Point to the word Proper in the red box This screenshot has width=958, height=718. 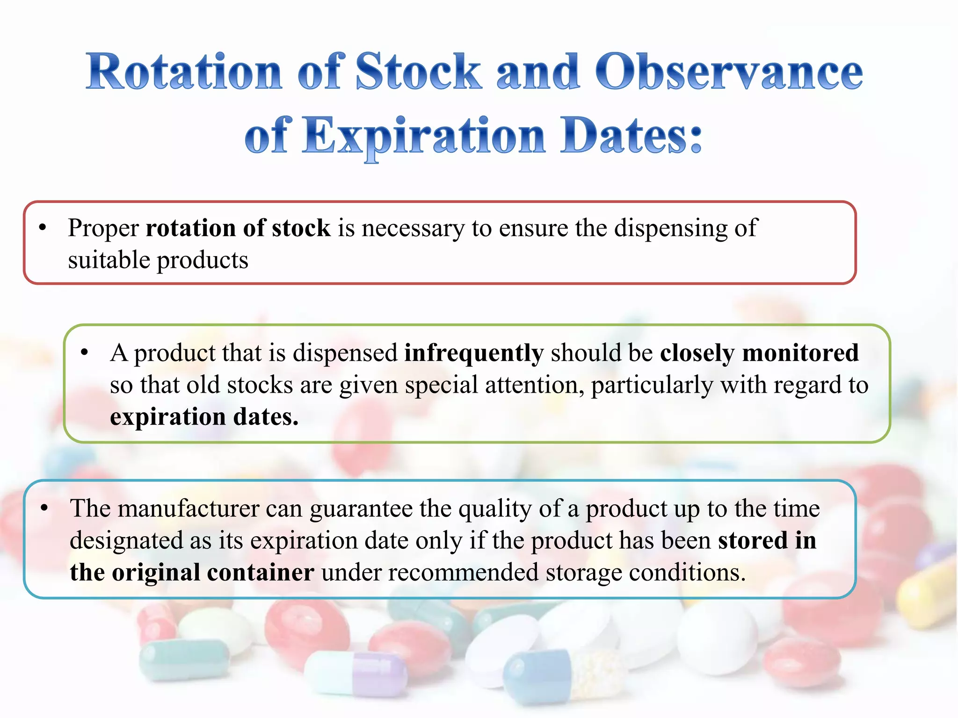103,229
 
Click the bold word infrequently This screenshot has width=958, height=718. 473,353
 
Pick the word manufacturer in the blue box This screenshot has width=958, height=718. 189,509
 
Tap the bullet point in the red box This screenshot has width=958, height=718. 43,228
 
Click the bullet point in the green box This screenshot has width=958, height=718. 84,352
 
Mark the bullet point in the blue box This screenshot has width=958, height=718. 44,508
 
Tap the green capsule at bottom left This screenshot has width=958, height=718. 185,659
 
